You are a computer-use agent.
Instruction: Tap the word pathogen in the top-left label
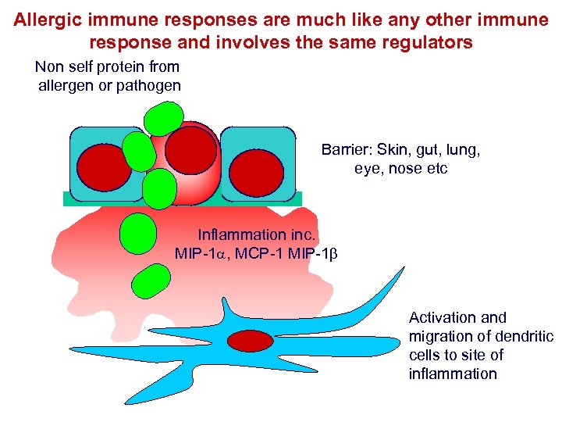[x=148, y=85]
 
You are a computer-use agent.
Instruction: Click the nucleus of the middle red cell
[x=190, y=149]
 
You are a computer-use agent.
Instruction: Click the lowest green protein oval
[x=151, y=281]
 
